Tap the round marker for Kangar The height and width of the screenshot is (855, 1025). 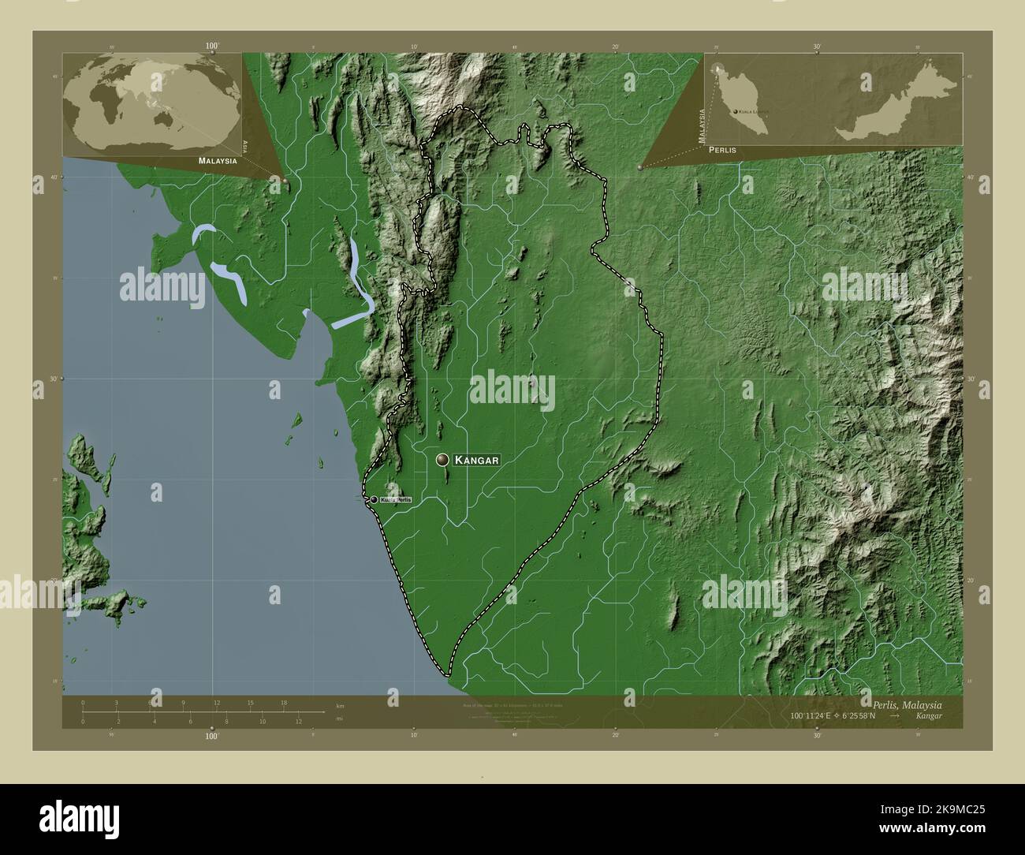tap(443, 459)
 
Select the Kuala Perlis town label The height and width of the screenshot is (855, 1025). tap(395, 500)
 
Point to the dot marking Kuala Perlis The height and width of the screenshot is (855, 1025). tap(374, 499)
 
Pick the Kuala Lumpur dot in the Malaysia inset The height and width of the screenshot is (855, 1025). tap(736, 113)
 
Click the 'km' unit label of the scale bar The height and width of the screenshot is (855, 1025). tap(341, 706)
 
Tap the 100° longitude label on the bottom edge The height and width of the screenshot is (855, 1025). tap(211, 736)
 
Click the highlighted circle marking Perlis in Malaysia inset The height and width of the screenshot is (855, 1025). tap(719, 69)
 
